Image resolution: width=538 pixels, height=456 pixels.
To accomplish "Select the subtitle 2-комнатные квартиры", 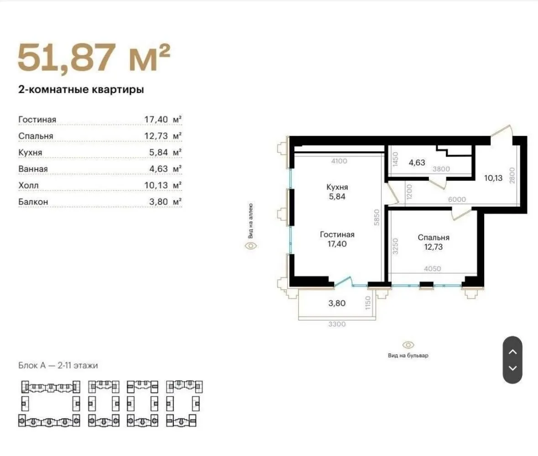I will point(81,90).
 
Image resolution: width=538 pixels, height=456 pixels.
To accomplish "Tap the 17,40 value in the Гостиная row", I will point(157,120).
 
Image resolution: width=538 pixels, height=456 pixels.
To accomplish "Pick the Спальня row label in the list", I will point(36,136).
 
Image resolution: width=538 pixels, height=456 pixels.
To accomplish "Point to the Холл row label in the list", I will point(29,185).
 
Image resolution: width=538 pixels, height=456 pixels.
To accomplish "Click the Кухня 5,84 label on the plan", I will point(337,192).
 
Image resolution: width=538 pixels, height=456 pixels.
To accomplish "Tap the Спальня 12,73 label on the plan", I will point(434,242).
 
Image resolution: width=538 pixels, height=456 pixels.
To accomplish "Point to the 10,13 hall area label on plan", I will point(493,178).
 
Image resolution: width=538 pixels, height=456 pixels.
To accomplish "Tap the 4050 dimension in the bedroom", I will point(432,269).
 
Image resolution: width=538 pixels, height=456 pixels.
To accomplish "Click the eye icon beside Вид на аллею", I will point(251,246).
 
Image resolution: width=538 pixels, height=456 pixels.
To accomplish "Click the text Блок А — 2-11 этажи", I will point(58,365).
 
